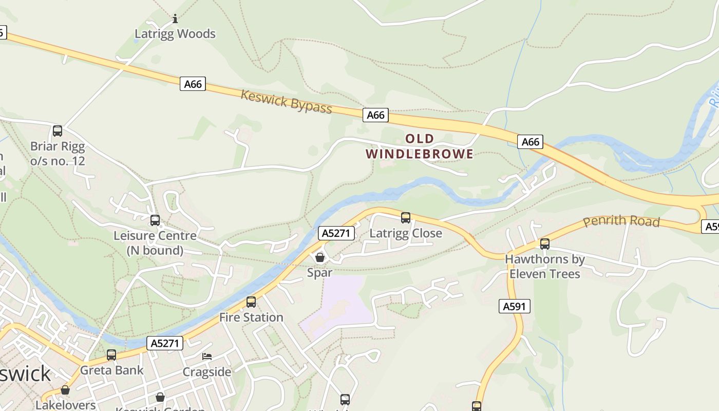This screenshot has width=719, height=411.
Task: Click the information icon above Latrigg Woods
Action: [175, 19]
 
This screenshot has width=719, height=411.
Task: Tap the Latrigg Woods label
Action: [175, 34]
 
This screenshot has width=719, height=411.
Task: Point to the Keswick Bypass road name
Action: [286, 102]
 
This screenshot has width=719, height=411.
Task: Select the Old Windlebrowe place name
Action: [420, 146]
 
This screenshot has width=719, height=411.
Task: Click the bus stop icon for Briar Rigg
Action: [58, 131]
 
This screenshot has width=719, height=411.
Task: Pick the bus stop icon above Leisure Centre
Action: [155, 220]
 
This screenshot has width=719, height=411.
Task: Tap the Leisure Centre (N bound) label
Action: [155, 243]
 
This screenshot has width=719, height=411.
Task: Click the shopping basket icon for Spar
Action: [320, 257]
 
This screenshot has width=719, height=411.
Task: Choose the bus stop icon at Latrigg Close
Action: [406, 218]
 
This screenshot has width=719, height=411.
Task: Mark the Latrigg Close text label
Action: [406, 233]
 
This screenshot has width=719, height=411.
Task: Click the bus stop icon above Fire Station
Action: [251, 302]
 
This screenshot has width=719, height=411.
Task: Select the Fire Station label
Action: [251, 317]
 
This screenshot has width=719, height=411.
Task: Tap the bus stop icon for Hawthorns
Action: [545, 244]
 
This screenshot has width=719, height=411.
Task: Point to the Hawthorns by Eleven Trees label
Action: [545, 266]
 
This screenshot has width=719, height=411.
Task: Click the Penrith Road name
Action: [621, 221]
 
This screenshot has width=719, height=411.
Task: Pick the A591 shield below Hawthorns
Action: [514, 307]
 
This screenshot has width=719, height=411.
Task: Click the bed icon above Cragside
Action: [207, 356]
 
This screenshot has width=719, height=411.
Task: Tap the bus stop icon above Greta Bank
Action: [111, 354]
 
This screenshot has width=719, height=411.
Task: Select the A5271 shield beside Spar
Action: [336, 233]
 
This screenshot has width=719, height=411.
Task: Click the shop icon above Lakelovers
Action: [65, 390]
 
